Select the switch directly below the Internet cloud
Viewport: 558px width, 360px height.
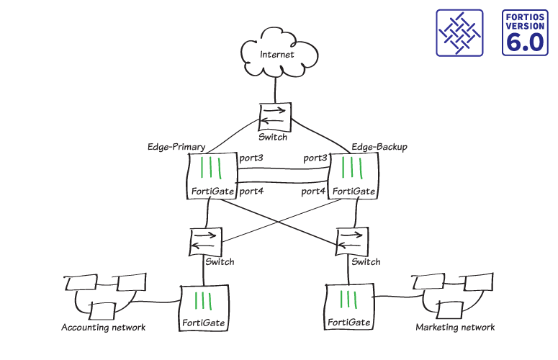click(274, 115)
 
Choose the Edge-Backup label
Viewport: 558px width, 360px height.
click(379, 147)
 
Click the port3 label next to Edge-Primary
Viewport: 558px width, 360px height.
click(251, 158)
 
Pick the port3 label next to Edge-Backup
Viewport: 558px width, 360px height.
click(315, 158)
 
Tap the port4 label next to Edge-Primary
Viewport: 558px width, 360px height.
click(251, 191)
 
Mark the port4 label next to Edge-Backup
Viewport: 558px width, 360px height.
click(314, 191)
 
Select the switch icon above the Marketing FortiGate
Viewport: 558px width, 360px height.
click(352, 240)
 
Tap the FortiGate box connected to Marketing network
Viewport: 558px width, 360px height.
click(349, 306)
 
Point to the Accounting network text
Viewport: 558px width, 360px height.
click(104, 328)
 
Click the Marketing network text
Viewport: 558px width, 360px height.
click(455, 328)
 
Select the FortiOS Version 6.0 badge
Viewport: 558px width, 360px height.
click(525, 33)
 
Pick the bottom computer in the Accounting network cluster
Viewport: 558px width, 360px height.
click(102, 310)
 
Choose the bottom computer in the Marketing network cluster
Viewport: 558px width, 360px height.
click(451, 308)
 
